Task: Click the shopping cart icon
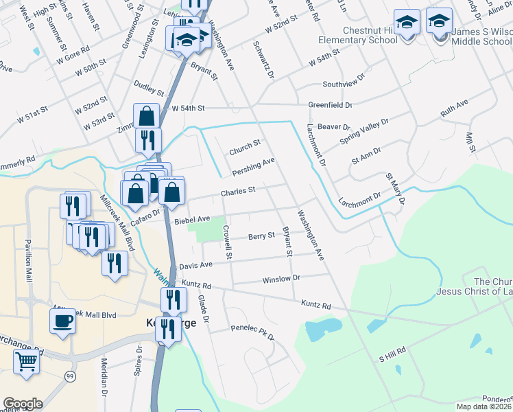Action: pos(26,360)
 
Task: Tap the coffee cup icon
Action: pos(62,321)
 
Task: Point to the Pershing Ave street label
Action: pos(253,165)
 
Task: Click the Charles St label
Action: pos(238,191)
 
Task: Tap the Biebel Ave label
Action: pos(192,219)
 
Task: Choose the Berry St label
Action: pos(261,236)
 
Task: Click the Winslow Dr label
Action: pos(281,279)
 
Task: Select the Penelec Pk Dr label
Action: pos(252,332)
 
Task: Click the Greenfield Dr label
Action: pos(330,105)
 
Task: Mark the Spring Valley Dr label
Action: pos(364,132)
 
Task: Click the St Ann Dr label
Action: pos(366,160)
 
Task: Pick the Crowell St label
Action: pos(228,245)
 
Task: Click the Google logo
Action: pos(23,403)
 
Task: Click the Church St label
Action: pos(245,144)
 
